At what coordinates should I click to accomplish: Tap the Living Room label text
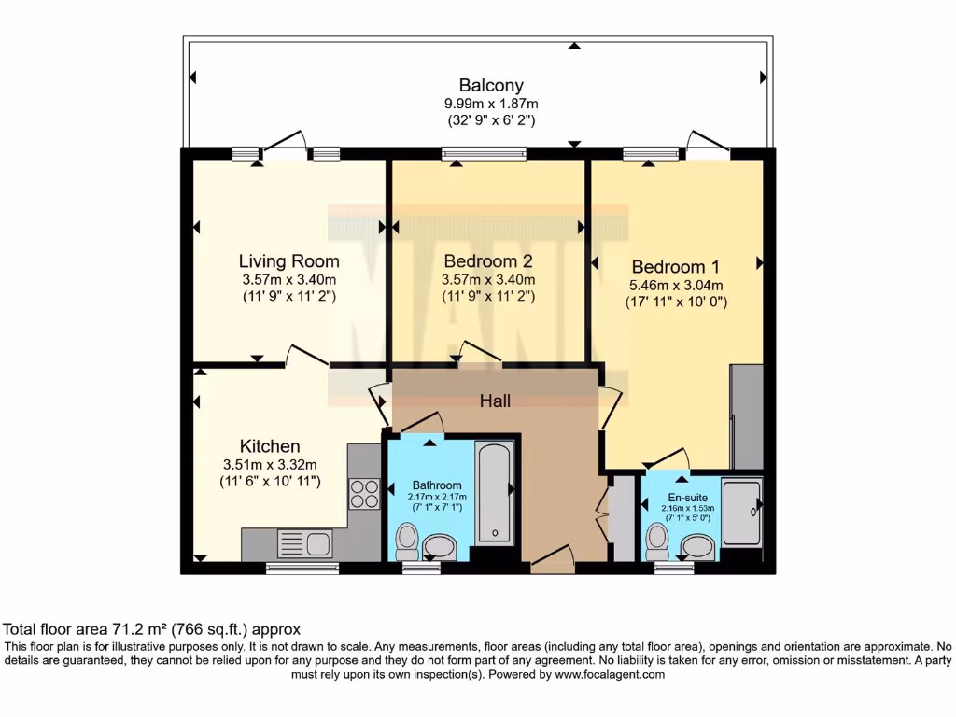click(288, 260)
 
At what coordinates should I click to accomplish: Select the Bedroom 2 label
click(488, 260)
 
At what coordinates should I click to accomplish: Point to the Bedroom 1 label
click(676, 265)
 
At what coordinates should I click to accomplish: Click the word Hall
click(495, 401)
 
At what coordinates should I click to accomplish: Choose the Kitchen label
click(270, 445)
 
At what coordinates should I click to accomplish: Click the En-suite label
click(685, 499)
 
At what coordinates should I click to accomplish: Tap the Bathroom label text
click(437, 485)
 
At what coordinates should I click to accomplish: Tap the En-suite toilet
click(658, 539)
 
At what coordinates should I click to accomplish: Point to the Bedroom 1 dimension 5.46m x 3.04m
click(676, 286)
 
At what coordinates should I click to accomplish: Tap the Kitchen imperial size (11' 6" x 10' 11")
click(270, 481)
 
